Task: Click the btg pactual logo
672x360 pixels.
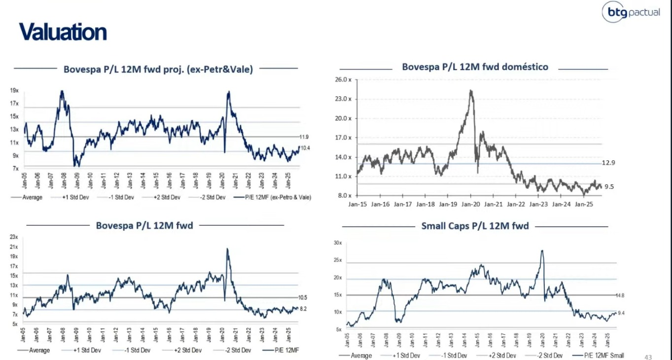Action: [632, 12]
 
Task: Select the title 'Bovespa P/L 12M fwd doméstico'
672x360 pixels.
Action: [475, 67]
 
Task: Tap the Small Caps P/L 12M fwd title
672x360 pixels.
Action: [475, 226]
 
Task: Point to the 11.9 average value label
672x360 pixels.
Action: [305, 137]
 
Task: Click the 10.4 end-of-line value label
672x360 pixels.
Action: [305, 148]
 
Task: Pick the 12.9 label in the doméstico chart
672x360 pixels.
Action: [609, 162]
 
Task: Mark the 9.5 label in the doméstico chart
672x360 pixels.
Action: [609, 186]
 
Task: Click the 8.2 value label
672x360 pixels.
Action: [304, 308]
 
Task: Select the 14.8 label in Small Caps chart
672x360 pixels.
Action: [620, 295]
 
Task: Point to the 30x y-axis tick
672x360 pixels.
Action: [338, 243]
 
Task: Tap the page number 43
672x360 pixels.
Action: [648, 357]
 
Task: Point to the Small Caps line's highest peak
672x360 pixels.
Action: [542, 251]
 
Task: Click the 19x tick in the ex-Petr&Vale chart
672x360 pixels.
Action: [14, 90]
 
